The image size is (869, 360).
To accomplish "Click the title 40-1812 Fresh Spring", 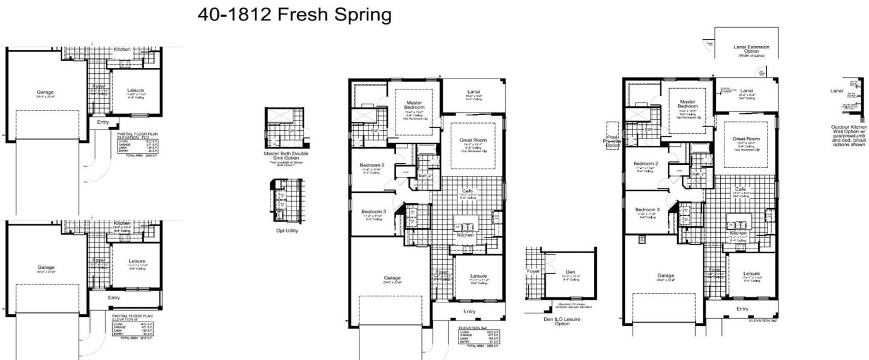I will [x=294, y=15].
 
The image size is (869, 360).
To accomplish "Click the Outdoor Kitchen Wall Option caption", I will [x=849, y=136].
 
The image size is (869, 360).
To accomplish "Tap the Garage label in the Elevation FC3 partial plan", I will [x=46, y=92].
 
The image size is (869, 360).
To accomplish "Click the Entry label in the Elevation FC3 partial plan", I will [x=103, y=122].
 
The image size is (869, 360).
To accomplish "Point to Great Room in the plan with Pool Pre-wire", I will [x=745, y=139].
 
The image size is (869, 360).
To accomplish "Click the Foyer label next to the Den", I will [x=534, y=271].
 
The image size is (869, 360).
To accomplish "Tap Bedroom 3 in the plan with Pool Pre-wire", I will [x=647, y=209].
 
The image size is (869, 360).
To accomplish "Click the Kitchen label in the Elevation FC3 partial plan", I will [x=122, y=49].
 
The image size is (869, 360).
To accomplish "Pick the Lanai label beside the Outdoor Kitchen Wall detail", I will [x=836, y=91].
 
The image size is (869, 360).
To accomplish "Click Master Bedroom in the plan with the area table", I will [x=414, y=106].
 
